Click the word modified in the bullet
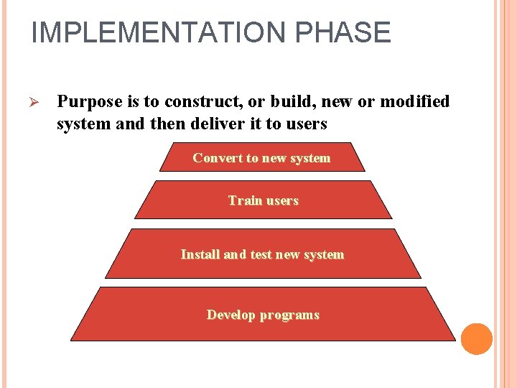[x=414, y=101]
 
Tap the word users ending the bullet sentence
[x=306, y=124]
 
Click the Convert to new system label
[x=261, y=158]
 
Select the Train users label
[x=263, y=200]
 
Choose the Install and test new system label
[x=262, y=254]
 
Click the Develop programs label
[x=263, y=315]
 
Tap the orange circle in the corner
[x=476, y=339]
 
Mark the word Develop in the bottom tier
[x=231, y=315]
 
